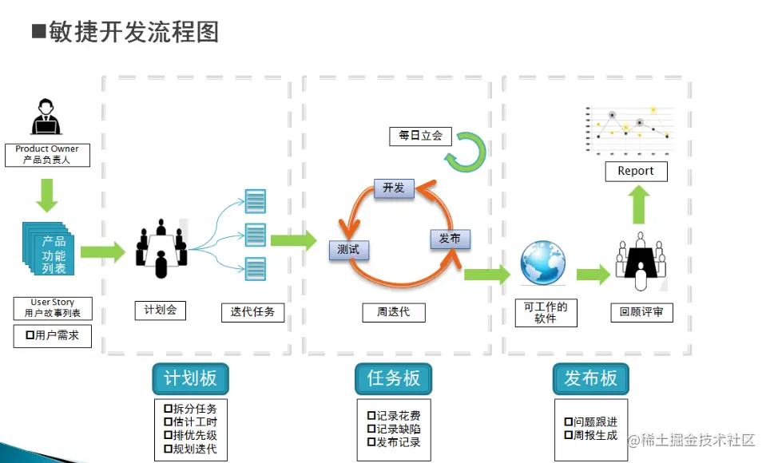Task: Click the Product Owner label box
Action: (x=47, y=154)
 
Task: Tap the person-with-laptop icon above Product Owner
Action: (x=46, y=117)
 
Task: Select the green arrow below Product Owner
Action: (x=47, y=194)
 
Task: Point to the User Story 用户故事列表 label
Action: (x=53, y=307)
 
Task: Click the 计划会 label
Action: (x=161, y=310)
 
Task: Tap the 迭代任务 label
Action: (x=252, y=311)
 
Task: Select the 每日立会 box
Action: (x=420, y=137)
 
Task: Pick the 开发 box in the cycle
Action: (x=394, y=188)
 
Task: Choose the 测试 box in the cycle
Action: (x=348, y=249)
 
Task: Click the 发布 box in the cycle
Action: (x=450, y=238)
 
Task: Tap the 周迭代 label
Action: (x=393, y=311)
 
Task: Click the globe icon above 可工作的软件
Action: (x=543, y=263)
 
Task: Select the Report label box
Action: (x=636, y=171)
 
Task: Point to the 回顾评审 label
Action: (x=641, y=312)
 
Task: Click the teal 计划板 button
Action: (x=190, y=378)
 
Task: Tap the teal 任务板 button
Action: (x=393, y=378)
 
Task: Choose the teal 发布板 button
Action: (x=591, y=378)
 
